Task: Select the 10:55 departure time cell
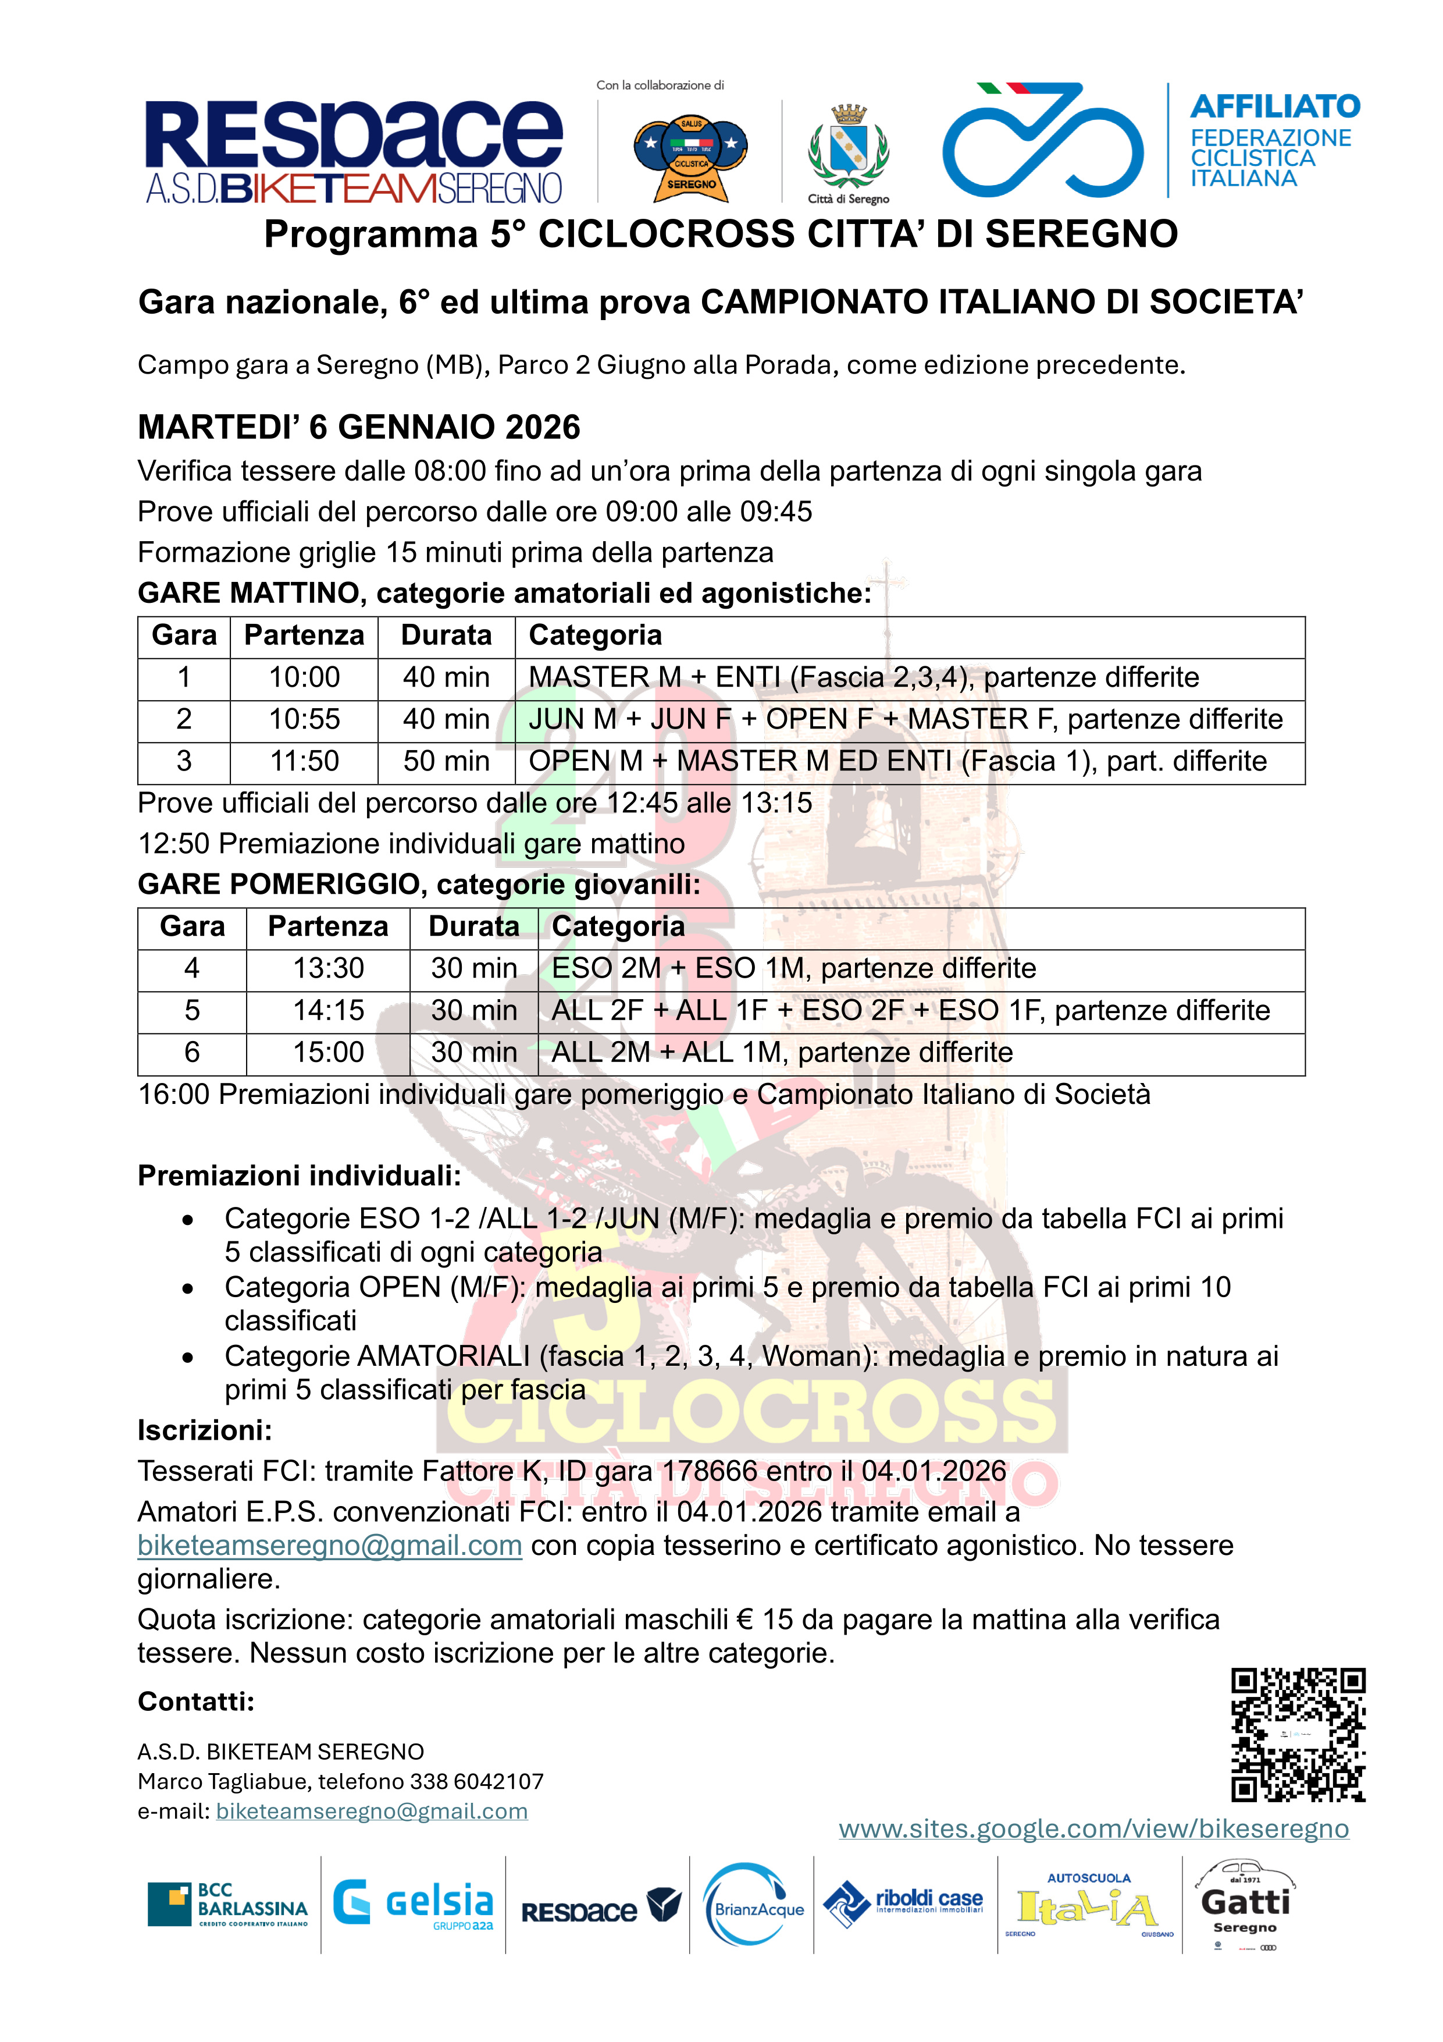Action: [x=304, y=719]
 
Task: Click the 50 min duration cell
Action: [x=446, y=761]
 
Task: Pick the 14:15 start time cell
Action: [x=328, y=1010]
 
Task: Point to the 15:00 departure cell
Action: [x=328, y=1052]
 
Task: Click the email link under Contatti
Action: [x=372, y=1812]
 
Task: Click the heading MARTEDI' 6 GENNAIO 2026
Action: [x=359, y=428]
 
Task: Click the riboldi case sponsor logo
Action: [x=904, y=1904]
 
